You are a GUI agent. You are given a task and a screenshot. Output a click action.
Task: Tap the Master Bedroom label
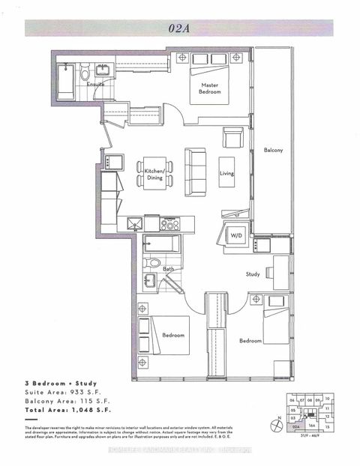point(210,88)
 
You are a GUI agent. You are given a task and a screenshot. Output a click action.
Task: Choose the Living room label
point(227,172)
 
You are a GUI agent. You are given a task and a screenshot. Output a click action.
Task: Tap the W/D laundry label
point(236,235)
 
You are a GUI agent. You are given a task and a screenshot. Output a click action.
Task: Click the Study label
point(253,274)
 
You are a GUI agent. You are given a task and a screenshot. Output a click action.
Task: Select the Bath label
point(169,269)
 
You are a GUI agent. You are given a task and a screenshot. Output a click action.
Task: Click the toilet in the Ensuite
point(85,75)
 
